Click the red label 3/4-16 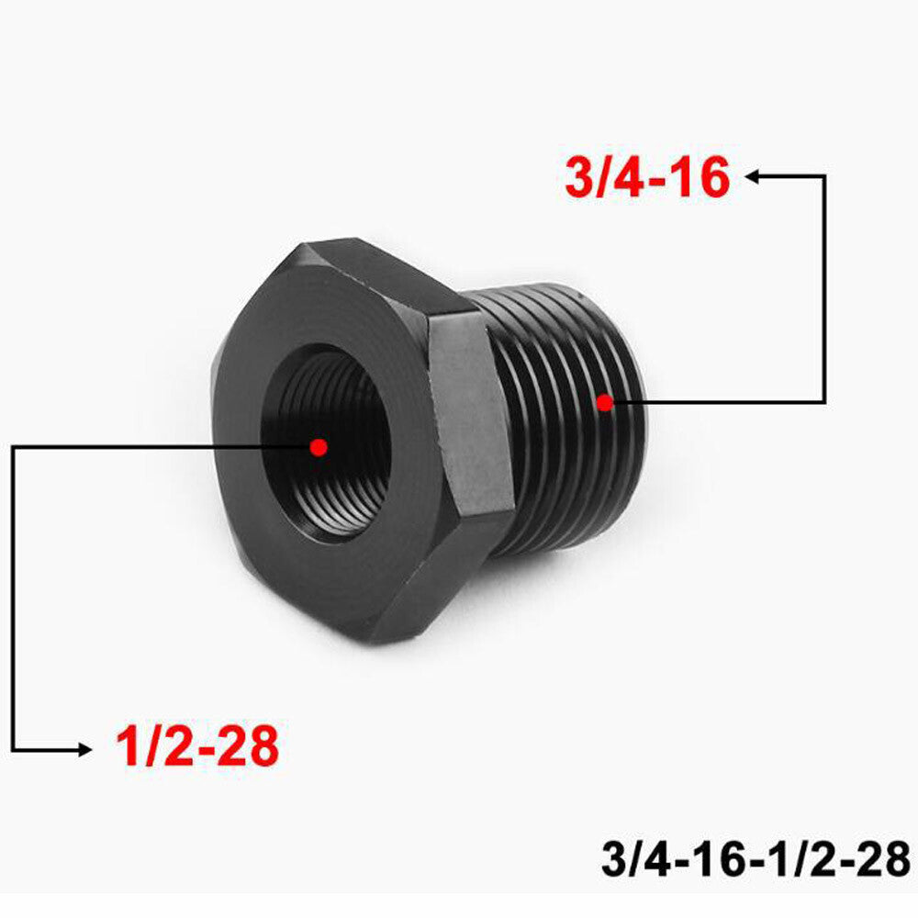click(x=647, y=178)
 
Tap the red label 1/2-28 click(x=196, y=746)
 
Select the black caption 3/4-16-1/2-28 click(x=756, y=860)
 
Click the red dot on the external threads click(x=603, y=401)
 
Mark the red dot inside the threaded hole click(x=319, y=447)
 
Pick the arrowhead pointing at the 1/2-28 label click(x=84, y=750)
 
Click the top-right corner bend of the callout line click(x=823, y=176)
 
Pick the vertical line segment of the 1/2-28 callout click(x=14, y=597)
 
